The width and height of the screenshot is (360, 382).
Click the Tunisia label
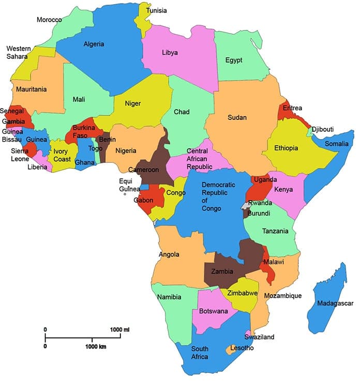(156, 10)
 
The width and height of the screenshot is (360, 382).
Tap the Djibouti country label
(323, 129)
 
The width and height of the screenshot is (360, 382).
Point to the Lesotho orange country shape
(229, 350)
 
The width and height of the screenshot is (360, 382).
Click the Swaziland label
(260, 337)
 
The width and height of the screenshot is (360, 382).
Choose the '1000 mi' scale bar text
(119, 330)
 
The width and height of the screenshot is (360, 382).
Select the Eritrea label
(293, 109)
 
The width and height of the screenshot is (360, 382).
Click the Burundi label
(259, 212)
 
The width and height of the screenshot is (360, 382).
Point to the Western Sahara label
(18, 52)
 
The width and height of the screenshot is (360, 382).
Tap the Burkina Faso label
(83, 131)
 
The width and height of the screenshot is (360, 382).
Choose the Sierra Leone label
(20, 155)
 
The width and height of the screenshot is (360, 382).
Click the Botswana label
(210, 311)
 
